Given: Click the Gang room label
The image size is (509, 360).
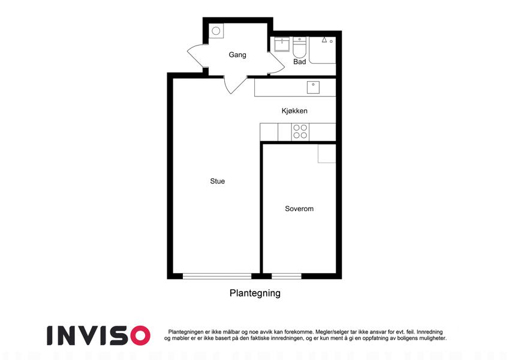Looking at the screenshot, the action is tap(237, 55).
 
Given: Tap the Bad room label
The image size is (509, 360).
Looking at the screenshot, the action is tap(299, 62).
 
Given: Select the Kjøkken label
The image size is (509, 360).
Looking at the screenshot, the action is tap(294, 111).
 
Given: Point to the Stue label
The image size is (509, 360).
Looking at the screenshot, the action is tap(218, 181).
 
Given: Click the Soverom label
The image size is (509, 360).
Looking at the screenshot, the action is tap(299, 209).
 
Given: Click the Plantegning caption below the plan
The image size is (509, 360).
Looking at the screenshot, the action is tap(255, 293).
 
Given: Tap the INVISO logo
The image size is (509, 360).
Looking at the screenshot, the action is tap(98, 335).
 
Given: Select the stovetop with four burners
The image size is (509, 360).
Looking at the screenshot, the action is tap(300, 132).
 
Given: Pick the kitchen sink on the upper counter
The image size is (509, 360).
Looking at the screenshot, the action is tap(314, 88).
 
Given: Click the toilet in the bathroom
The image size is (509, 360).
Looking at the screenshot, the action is tap(299, 47).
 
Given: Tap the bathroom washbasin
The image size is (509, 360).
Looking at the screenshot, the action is tap(282, 44).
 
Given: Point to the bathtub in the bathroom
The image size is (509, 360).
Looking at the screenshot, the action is tap(323, 50).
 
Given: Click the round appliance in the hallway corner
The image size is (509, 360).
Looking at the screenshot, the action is tap(216, 31).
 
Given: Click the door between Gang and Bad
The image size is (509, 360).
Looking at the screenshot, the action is tap(276, 63).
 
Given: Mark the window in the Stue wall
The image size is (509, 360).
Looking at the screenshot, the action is tap(217, 276).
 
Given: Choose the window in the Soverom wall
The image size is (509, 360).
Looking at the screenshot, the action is tap(287, 276).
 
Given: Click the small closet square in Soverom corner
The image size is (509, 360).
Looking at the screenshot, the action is tap(327, 154).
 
